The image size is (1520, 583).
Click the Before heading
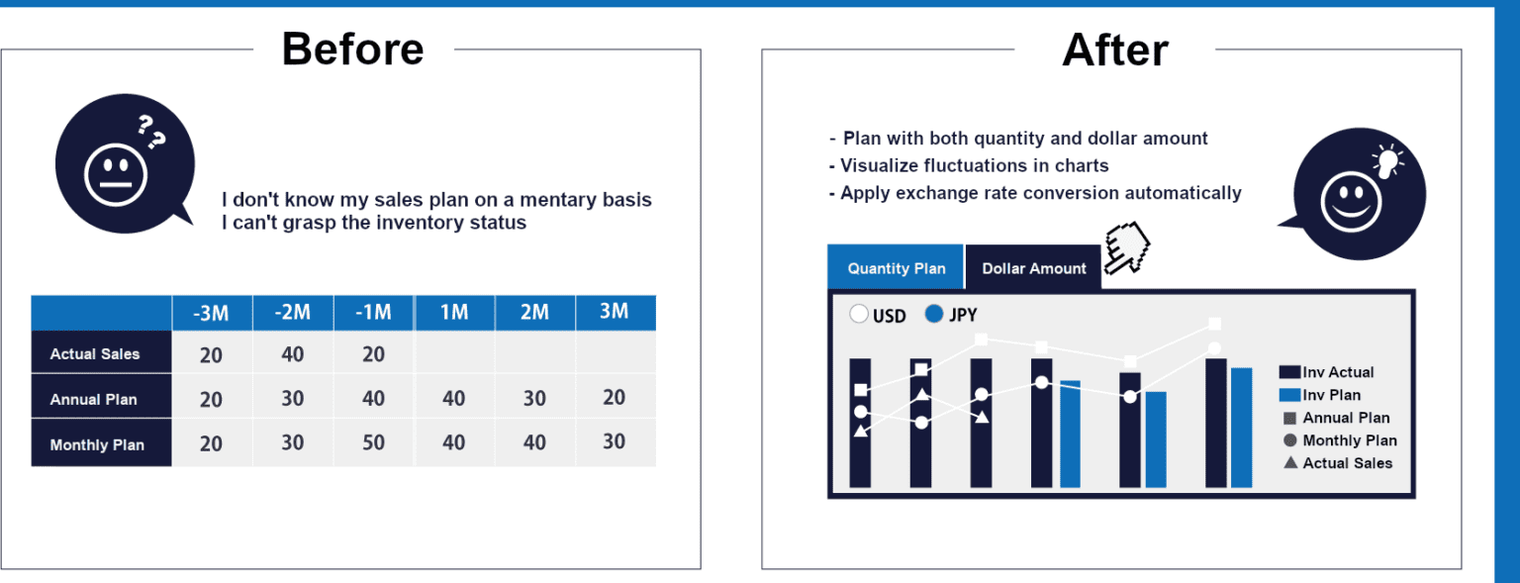[x=353, y=49]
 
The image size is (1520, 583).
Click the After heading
[x=1115, y=49]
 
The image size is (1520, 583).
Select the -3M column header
[x=212, y=313]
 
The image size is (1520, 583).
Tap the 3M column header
[x=615, y=312]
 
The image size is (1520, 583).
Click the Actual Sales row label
[x=95, y=353]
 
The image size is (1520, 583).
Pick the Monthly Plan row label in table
[x=97, y=444]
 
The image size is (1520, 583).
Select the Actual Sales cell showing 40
[x=293, y=354]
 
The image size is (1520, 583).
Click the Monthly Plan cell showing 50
[x=373, y=442]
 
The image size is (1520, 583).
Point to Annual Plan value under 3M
[x=615, y=397]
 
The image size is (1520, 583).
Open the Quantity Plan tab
[x=896, y=268]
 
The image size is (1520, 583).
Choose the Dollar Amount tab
[x=1033, y=268]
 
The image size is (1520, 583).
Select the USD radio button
[x=858, y=314]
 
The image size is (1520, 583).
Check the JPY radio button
[x=934, y=314]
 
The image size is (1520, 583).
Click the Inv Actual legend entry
[x=1327, y=372]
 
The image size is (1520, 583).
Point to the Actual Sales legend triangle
[x=1290, y=463]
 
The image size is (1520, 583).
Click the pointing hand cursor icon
[x=1126, y=248]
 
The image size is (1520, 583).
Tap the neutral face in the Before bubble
[x=116, y=175]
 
